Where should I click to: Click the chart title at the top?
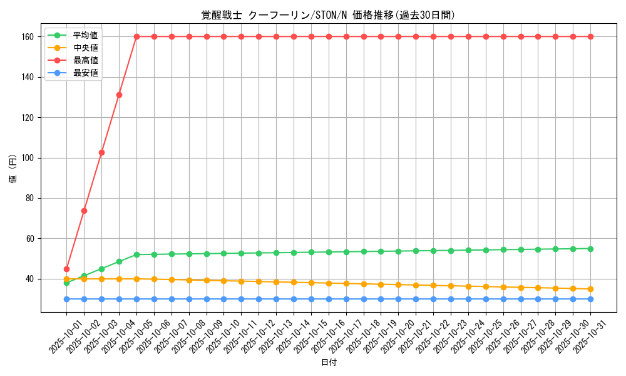point(328,15)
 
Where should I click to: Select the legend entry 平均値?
point(86,35)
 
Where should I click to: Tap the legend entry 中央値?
point(86,48)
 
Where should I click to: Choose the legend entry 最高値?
point(86,60)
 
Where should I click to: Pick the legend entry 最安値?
point(86,73)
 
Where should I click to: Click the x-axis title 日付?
point(328,363)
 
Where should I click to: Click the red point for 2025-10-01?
point(66,269)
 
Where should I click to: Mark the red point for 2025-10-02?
point(84,211)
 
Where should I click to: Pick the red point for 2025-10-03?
point(101,152)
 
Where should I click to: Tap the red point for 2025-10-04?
point(119,95)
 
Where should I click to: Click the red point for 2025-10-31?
point(590,36)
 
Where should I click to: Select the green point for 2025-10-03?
point(101,269)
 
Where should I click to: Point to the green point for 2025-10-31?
point(590,249)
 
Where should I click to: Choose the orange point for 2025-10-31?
point(590,289)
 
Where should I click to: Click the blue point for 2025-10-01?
point(66,299)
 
